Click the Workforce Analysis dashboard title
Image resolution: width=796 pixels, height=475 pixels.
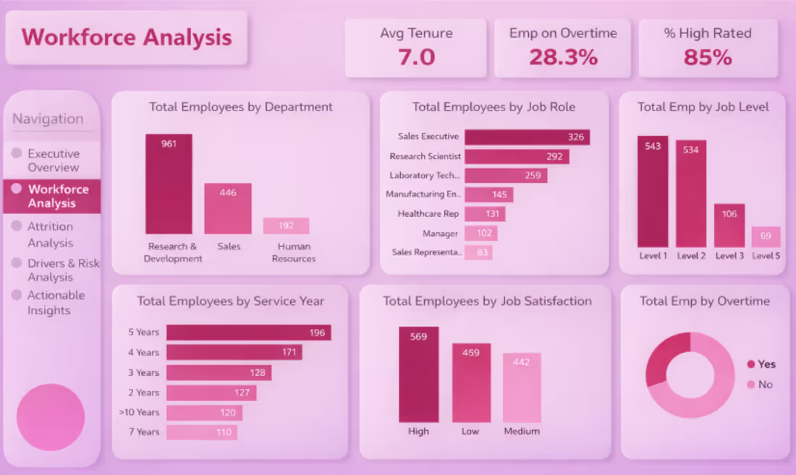tap(127, 38)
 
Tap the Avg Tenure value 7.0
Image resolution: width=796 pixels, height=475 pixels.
tap(416, 57)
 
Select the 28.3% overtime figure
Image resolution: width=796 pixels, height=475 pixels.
tap(563, 57)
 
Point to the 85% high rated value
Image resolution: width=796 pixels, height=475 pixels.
tap(708, 57)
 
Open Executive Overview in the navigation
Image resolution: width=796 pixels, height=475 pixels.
tap(53, 161)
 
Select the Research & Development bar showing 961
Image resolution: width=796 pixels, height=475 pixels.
tap(169, 184)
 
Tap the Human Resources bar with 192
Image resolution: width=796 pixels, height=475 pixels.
tap(286, 226)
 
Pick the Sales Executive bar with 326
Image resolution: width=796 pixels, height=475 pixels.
tap(527, 137)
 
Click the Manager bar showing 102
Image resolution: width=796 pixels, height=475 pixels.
tap(480, 234)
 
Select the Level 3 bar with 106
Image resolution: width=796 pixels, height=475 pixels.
tap(729, 226)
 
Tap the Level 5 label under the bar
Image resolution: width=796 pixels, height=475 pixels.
tap(766, 256)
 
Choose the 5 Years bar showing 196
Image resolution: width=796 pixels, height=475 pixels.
tap(248, 333)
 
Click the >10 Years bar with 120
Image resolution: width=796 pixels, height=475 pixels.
tap(204, 413)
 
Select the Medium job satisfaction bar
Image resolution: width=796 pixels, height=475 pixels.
tap(522, 388)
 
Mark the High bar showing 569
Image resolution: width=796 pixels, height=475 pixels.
tap(418, 375)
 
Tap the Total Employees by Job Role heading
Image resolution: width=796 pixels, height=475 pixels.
tap(494, 107)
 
